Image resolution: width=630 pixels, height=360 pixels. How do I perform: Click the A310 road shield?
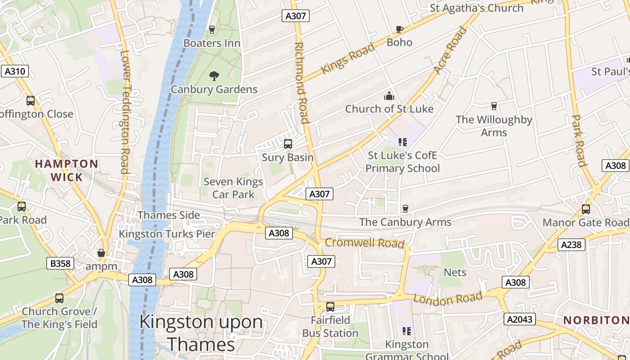(x=15, y=71)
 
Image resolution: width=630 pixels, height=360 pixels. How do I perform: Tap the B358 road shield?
(x=60, y=263)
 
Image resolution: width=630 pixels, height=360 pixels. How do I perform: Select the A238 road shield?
(x=571, y=245)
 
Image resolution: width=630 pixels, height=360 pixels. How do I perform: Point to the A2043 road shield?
(x=520, y=319)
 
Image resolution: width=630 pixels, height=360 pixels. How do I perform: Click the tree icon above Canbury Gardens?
(x=214, y=76)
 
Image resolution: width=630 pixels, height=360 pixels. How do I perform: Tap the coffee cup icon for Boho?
(x=399, y=30)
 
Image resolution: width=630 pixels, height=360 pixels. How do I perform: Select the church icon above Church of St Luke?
(x=389, y=96)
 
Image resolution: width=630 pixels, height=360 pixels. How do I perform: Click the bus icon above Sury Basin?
(x=288, y=144)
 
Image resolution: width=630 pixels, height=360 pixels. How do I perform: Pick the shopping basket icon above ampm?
(x=101, y=253)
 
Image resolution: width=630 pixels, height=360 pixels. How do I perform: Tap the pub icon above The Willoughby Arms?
(x=494, y=106)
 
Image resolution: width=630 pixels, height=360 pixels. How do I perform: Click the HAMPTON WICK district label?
(x=67, y=171)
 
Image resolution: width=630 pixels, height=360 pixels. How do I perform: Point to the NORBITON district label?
(x=596, y=320)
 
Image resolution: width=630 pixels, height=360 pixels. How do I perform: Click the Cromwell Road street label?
(x=364, y=243)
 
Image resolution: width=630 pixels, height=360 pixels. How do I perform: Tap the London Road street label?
(x=448, y=298)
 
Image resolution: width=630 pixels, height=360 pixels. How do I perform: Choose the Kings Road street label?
(x=347, y=58)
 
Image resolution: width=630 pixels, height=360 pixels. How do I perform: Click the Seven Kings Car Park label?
(x=233, y=188)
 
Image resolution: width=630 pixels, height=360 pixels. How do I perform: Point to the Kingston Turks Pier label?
(x=167, y=234)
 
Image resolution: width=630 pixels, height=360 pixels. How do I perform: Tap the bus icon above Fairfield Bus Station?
(x=330, y=307)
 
